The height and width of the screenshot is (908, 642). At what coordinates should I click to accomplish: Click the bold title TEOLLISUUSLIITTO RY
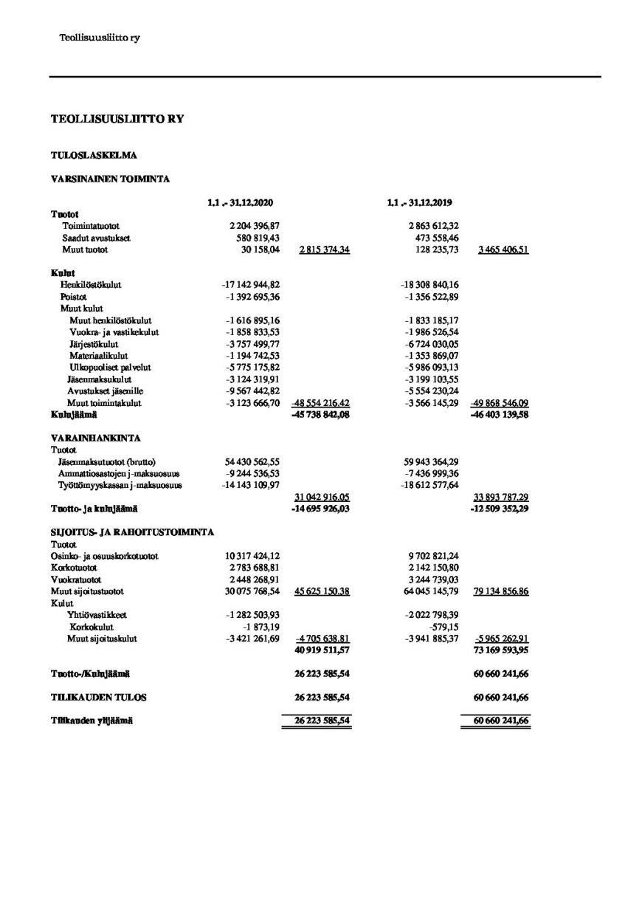tap(117, 118)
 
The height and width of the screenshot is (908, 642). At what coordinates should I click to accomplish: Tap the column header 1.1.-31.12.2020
tap(246, 202)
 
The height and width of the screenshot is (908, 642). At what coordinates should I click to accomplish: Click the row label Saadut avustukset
tap(92, 238)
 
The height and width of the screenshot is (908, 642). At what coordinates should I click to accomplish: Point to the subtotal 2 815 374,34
tap(324, 251)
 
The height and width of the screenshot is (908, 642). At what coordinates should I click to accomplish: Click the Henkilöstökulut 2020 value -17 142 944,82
tap(251, 284)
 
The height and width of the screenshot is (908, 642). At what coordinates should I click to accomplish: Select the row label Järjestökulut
tap(94, 344)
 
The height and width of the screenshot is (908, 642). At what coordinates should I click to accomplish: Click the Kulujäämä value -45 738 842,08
tap(321, 416)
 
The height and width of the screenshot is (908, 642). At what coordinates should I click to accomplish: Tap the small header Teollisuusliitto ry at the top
tap(99, 38)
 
